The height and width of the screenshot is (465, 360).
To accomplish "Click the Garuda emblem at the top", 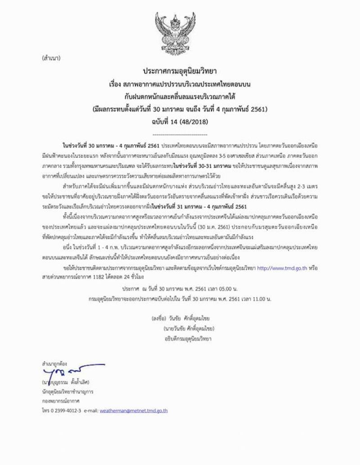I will coord(180,31).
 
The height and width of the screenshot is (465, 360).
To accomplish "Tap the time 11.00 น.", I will coord(259,298).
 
